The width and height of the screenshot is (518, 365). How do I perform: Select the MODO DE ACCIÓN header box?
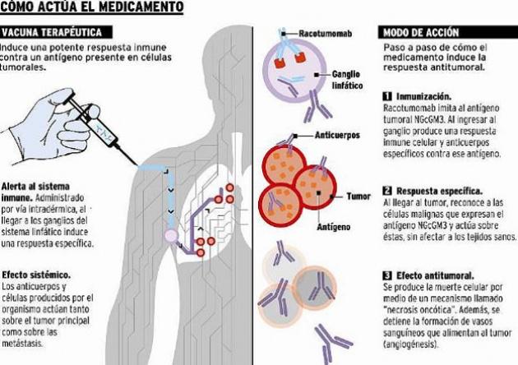pos(419,32)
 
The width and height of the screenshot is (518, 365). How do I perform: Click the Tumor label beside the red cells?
pos(358,196)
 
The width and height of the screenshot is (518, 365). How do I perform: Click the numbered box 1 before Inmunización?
pos(388,96)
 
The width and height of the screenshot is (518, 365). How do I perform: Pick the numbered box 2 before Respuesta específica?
pos(388,190)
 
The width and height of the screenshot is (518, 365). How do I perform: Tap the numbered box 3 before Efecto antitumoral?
pos(388,274)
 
